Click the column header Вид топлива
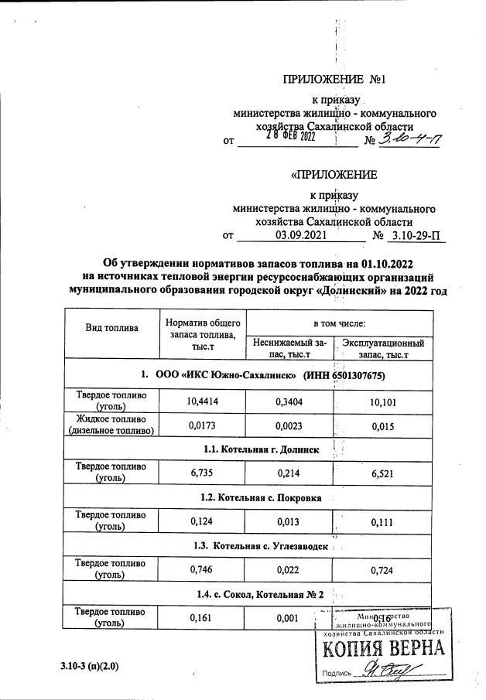[x=111, y=327]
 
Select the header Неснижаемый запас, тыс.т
[x=289, y=348]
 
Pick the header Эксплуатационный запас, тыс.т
[x=382, y=348]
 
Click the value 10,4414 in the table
[x=201, y=400]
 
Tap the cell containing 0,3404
[x=289, y=400]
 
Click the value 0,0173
[x=201, y=425]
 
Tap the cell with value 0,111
[x=382, y=522]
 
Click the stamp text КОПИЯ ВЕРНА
[x=383, y=650]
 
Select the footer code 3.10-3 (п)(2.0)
[x=91, y=666]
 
